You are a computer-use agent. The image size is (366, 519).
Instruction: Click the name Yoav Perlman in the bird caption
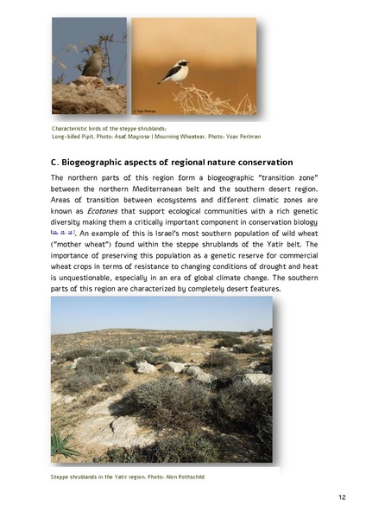(239, 137)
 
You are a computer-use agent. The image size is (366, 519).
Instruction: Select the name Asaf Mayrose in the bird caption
(144, 137)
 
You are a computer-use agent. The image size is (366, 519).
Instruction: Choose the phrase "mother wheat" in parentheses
(83, 245)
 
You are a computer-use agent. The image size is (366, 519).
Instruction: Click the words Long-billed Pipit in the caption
(72, 137)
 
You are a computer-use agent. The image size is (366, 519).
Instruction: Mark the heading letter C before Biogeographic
(55, 163)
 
